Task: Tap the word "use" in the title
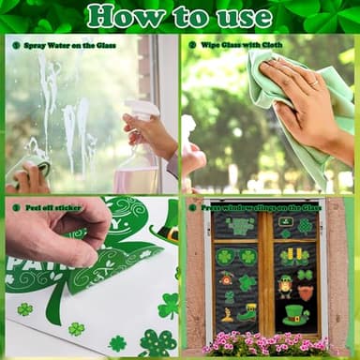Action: [x=247, y=16]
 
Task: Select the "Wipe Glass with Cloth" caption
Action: [x=234, y=44]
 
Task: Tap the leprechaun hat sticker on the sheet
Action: [x=167, y=230]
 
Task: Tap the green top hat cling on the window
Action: [x=295, y=315]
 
